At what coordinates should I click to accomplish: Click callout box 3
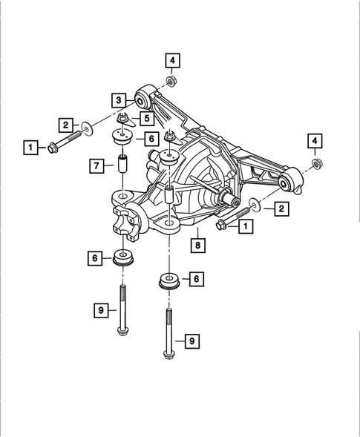(118, 99)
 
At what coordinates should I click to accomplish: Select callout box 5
(147, 117)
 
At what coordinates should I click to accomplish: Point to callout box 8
(198, 243)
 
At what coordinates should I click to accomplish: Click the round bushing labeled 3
(140, 96)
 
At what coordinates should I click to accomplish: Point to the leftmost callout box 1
(30, 148)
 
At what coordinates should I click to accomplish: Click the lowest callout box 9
(192, 341)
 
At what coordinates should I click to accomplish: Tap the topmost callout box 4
(171, 59)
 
